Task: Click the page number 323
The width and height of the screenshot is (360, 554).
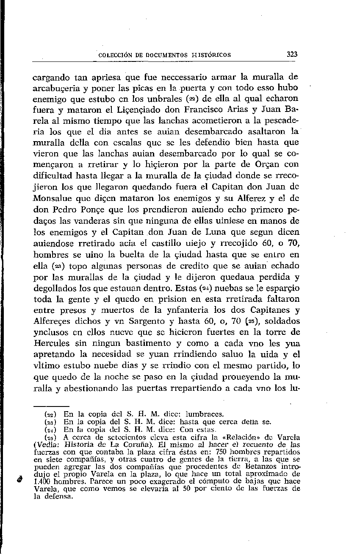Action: (x=292, y=54)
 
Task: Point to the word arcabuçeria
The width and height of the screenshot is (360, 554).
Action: (x=56, y=88)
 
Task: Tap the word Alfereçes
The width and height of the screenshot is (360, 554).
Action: (x=53, y=320)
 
